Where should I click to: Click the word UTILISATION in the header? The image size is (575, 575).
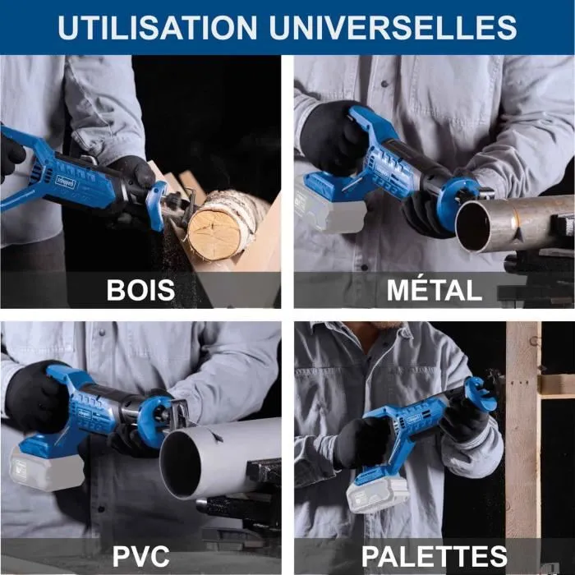tap(158, 27)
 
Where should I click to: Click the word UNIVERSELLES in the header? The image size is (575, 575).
tap(393, 27)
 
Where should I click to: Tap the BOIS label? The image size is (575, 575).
tap(140, 290)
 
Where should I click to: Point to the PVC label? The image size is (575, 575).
tap(140, 556)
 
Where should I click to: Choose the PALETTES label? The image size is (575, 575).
tap(435, 556)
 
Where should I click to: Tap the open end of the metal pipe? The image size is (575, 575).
tap(474, 226)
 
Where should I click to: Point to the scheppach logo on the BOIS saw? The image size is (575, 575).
tap(65, 182)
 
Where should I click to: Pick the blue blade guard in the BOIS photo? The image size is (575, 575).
tap(157, 205)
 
